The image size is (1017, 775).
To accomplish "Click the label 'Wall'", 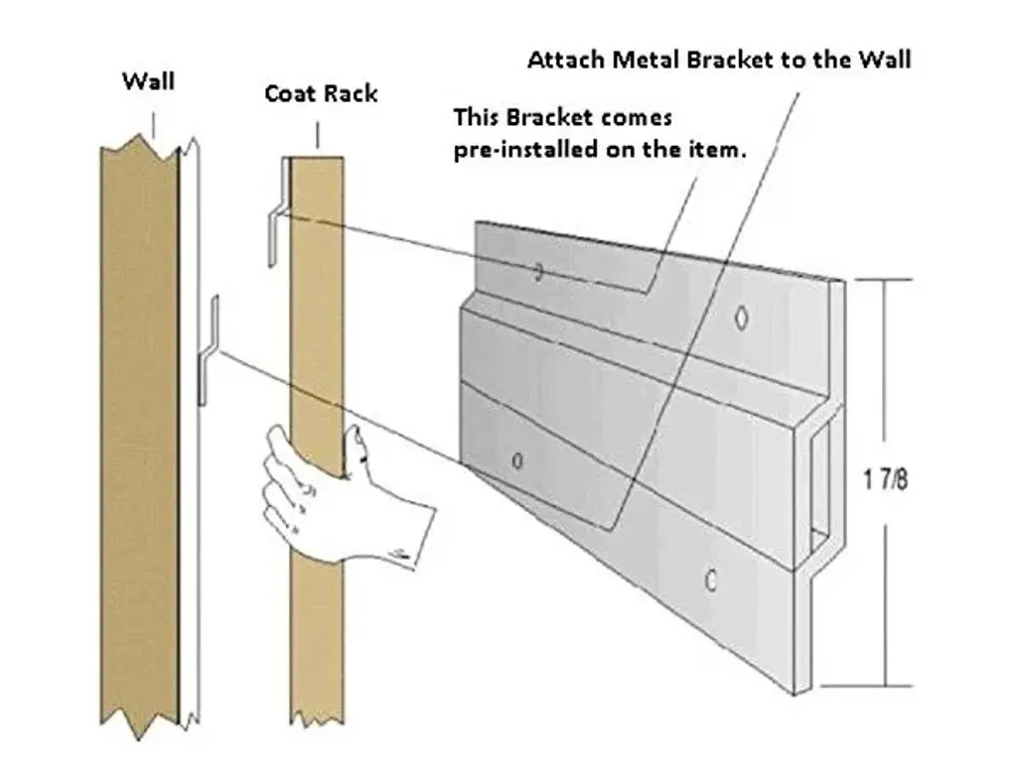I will (x=148, y=80).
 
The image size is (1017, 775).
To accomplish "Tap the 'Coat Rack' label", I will (x=320, y=93).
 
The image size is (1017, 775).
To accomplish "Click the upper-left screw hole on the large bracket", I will (x=538, y=271).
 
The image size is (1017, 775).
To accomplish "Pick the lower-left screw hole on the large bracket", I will (x=516, y=460).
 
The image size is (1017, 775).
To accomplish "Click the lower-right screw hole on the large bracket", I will (x=710, y=581).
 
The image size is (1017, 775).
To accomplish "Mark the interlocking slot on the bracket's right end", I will (x=821, y=486).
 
